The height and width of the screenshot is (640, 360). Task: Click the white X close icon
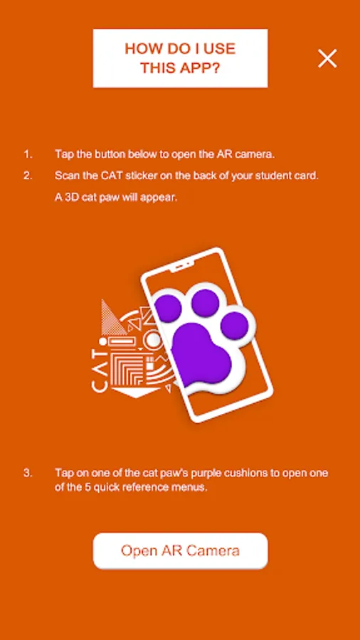[327, 58]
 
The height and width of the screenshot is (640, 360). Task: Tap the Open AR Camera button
[181, 550]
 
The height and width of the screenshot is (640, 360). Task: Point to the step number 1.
[27, 154]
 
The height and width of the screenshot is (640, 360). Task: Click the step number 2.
[27, 176]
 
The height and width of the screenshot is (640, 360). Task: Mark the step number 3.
[27, 474]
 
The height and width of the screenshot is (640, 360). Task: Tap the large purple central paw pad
[201, 354]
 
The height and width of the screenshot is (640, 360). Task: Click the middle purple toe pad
[206, 303]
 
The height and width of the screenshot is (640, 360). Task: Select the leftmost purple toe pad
[168, 308]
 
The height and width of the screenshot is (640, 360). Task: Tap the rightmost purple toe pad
[234, 326]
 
